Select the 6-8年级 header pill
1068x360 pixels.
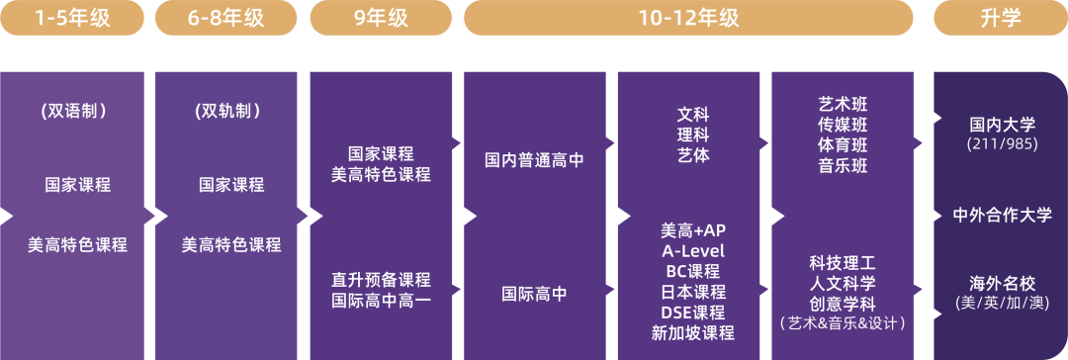pyautogui.click(x=226, y=17)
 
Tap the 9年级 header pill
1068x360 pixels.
pyautogui.click(x=381, y=17)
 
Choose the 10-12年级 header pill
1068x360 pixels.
pyautogui.click(x=688, y=17)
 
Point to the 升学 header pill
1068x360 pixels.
pyautogui.click(x=1001, y=17)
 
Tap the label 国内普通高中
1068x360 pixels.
pyautogui.click(x=534, y=159)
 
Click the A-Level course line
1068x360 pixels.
pyautogui.click(x=693, y=250)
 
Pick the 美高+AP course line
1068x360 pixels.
pyautogui.click(x=693, y=229)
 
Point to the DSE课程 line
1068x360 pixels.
pyautogui.click(x=693, y=313)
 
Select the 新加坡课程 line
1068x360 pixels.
pyautogui.click(x=693, y=333)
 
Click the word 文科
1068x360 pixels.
pyautogui.click(x=693, y=115)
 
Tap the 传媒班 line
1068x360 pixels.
pyautogui.click(x=843, y=125)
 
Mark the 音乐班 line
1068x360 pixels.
pyautogui.click(x=843, y=166)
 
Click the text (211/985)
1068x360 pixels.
pyautogui.click(x=1001, y=144)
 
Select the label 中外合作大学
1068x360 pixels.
pyautogui.click(x=1002, y=215)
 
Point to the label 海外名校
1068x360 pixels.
pyautogui.click(x=1002, y=282)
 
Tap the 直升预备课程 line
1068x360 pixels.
pyautogui.click(x=381, y=280)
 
